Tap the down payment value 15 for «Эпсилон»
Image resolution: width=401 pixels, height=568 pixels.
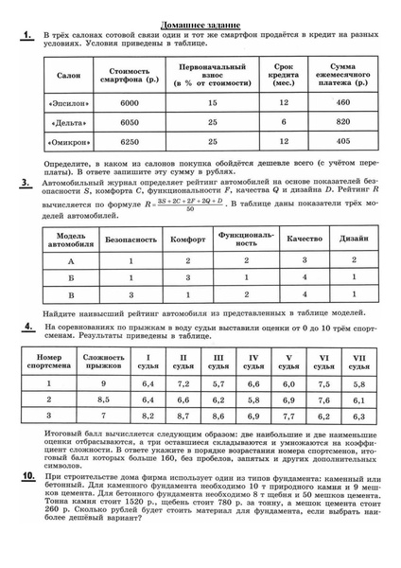tap(212, 101)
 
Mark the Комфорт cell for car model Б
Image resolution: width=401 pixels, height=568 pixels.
tap(188, 277)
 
